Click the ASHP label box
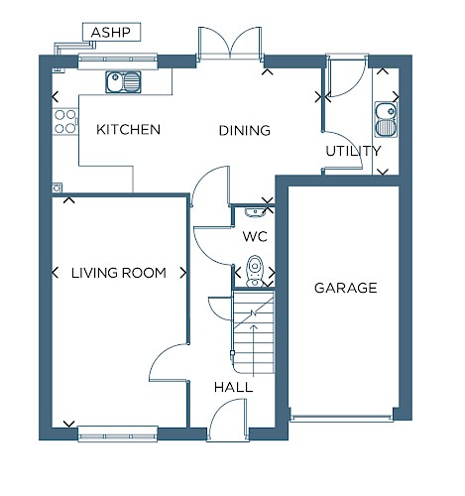111,32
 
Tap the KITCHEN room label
128,129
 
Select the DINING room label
245,130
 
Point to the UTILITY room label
353,151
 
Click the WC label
255,236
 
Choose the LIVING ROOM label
119,273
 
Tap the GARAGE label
346,288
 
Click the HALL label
233,387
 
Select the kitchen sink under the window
123,81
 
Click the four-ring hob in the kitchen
65,121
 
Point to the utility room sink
386,119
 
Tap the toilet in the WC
255,270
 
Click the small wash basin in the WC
254,212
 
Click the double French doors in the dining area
230,44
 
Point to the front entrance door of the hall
228,419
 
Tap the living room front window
118,434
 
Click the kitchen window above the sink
118,62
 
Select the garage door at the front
341,418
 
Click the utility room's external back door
346,75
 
